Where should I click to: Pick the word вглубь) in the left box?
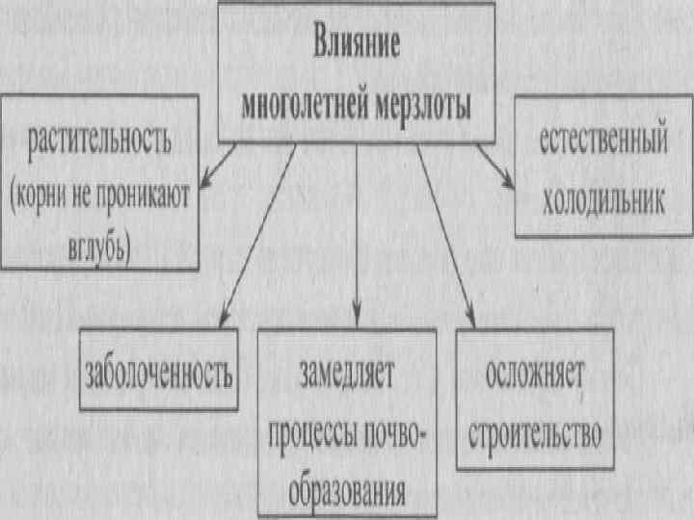pos(100,247)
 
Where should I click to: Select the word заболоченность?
pos(160,372)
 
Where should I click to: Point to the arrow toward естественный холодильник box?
pos(494,164)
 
